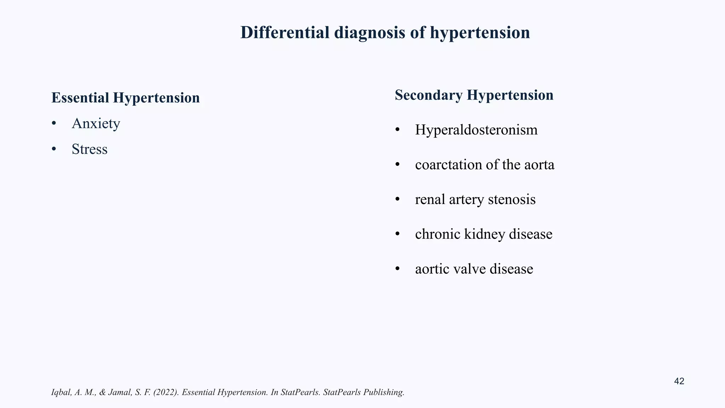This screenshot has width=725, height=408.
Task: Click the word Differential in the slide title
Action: [x=285, y=33]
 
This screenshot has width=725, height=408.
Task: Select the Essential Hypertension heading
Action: [x=126, y=98]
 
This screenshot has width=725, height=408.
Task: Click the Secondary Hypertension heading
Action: [x=474, y=95]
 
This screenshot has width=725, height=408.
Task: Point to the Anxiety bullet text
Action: [x=96, y=123]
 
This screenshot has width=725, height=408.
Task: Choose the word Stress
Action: [x=90, y=149]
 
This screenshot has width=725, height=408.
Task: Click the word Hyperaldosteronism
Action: [x=476, y=130]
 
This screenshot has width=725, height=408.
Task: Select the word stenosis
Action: [x=512, y=199]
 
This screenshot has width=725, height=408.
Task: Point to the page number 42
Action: [x=679, y=381]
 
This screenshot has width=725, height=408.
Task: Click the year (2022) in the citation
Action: [x=166, y=392]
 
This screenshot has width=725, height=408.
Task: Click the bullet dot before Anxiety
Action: [x=54, y=124]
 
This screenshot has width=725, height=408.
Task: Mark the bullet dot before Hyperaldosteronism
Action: [x=397, y=130]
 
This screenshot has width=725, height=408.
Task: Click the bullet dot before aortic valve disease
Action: [x=397, y=269]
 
